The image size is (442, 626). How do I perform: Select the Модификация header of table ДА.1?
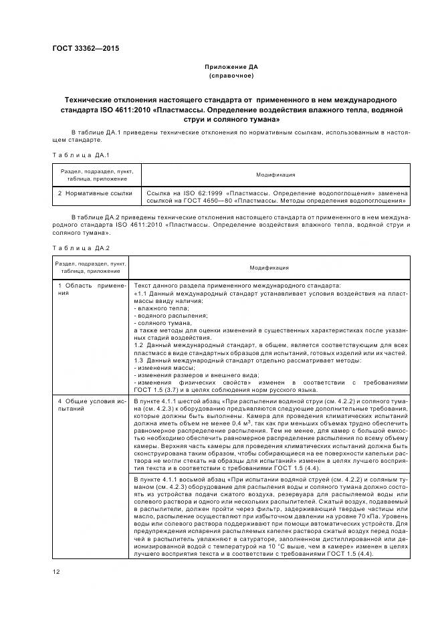click(x=275, y=175)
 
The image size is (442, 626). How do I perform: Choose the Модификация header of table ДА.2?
click(x=269, y=267)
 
